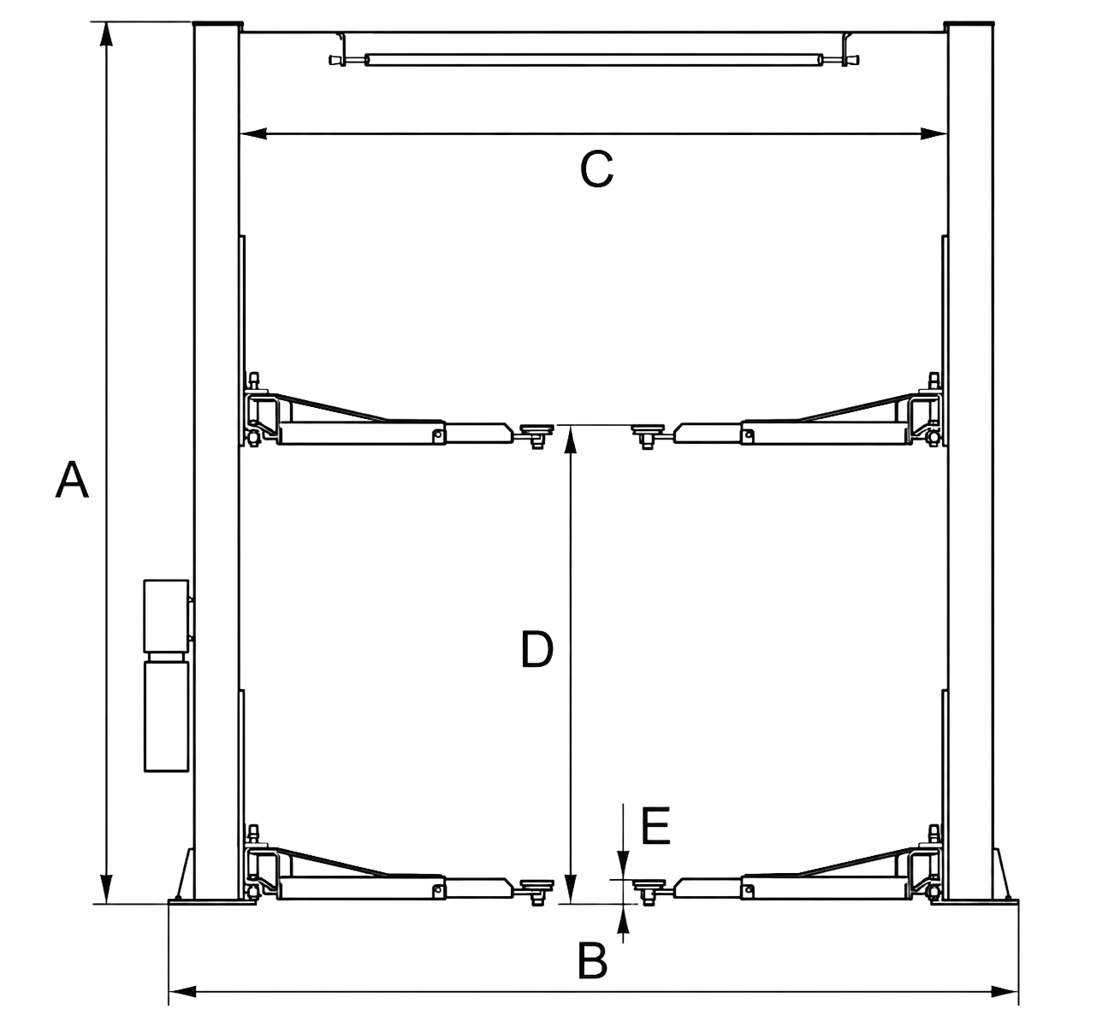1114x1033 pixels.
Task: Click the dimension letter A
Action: click(x=72, y=480)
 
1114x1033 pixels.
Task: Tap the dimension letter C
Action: click(x=596, y=168)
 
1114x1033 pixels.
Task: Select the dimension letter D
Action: click(x=536, y=649)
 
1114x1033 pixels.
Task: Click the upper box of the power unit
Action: click(x=166, y=616)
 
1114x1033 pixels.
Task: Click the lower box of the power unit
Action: click(x=166, y=716)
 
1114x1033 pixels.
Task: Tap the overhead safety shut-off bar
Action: click(x=594, y=60)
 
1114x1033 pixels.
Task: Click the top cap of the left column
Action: click(x=217, y=25)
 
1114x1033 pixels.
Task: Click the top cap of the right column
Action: click(x=969, y=25)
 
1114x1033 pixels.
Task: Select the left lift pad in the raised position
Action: click(x=536, y=431)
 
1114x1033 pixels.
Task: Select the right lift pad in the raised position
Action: click(x=648, y=431)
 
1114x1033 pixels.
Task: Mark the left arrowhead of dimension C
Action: click(x=253, y=133)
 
